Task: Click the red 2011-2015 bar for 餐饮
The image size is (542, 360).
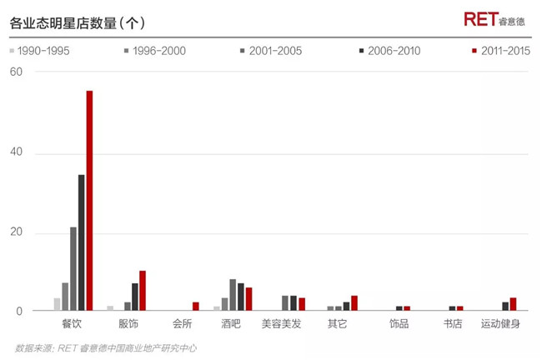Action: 89,201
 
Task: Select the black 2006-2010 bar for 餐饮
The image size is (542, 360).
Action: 81,242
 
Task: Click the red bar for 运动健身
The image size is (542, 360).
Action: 513,304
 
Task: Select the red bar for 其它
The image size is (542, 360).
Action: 354,303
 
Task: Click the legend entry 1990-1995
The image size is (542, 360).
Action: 41,51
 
